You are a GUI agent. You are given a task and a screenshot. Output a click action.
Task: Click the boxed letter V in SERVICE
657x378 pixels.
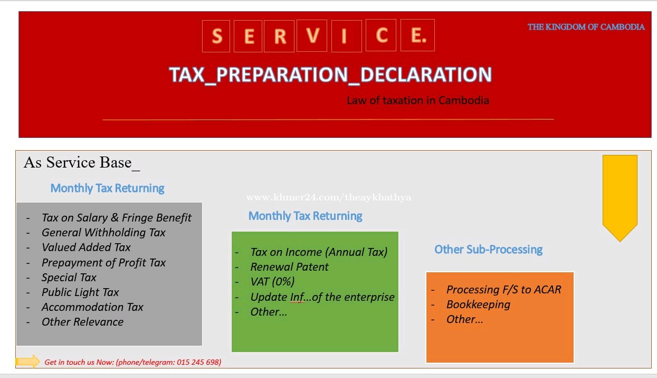pos(312,35)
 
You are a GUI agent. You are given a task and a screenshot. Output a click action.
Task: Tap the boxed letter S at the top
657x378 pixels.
pos(216,36)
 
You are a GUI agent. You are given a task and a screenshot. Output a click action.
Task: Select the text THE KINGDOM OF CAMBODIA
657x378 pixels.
pos(586,27)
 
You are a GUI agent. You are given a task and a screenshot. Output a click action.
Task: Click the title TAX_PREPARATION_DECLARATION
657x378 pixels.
pos(330,75)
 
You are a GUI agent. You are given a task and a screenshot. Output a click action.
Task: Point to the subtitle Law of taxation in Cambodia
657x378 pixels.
pos(417,100)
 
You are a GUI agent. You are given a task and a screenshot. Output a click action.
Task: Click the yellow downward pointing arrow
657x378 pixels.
pos(620,198)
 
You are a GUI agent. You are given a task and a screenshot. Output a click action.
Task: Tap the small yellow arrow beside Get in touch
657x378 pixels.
pos(28,361)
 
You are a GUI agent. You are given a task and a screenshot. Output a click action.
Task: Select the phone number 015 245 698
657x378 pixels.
pos(199,362)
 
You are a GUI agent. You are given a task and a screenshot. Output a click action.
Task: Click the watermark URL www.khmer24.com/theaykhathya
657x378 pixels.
pos(329,197)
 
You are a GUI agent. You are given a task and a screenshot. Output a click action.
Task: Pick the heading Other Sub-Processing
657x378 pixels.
pos(488,250)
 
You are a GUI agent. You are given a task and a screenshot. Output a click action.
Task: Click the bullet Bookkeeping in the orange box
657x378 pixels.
pos(478,305)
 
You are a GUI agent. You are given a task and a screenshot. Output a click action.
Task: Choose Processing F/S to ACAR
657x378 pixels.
pos(503,290)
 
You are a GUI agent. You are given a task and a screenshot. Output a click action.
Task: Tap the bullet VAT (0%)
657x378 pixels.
pos(272,282)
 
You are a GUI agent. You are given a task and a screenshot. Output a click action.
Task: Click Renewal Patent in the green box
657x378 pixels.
pos(290,267)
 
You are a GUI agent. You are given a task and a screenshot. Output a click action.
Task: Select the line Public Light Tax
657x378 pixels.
pos(80,292)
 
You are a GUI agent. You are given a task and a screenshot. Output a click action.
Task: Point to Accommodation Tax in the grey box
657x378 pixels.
pos(92,307)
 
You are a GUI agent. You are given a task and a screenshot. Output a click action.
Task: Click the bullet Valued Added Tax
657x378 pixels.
pos(86,247)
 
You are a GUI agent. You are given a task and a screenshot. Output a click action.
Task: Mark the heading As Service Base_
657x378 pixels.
pos(82,163)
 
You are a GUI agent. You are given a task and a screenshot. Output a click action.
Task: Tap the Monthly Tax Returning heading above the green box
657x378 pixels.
pos(306,216)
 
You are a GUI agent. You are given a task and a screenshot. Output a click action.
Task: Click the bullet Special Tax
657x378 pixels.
pos(69,278)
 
